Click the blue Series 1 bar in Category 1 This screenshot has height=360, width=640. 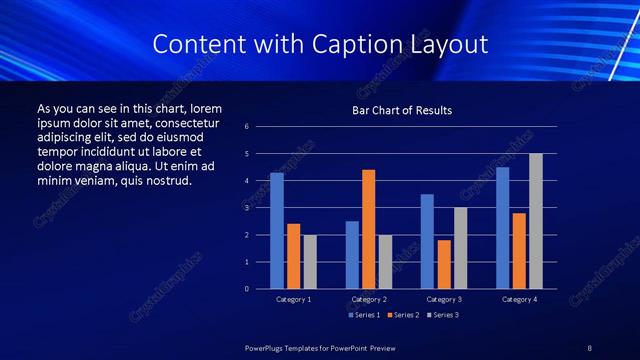(277, 231)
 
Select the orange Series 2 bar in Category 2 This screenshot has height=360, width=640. (368, 229)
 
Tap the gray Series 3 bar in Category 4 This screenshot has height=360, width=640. (535, 221)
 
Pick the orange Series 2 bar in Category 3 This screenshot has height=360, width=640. (443, 264)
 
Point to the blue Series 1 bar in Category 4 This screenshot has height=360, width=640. (502, 228)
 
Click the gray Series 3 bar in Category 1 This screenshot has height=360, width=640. (309, 262)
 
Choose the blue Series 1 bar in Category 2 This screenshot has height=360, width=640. (352, 255)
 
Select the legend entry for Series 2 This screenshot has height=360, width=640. (402, 315)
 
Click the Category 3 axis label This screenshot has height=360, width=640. (443, 299)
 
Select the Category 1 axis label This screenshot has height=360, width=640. (293, 299)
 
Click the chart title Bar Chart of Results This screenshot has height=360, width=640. (402, 110)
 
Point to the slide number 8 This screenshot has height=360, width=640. (590, 347)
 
